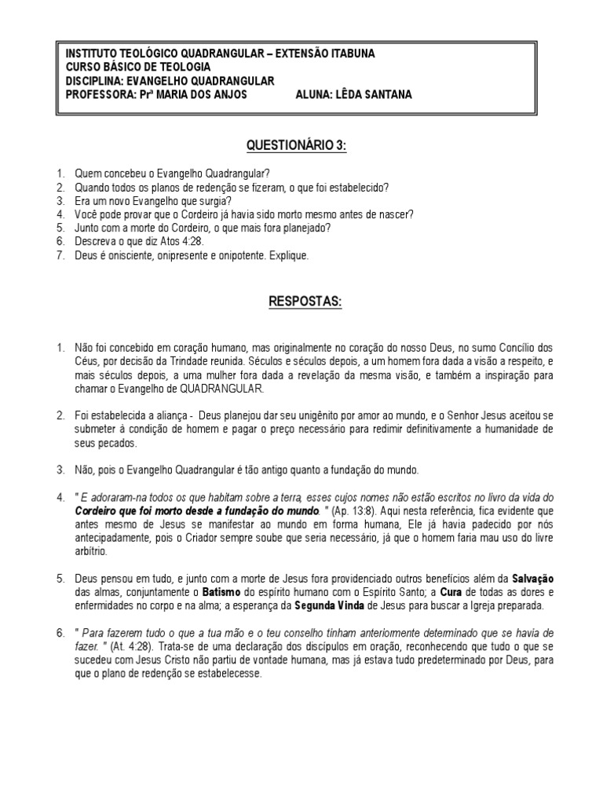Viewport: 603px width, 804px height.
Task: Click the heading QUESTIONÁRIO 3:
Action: pos(296,145)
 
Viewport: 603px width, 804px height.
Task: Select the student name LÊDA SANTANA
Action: pos(373,95)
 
